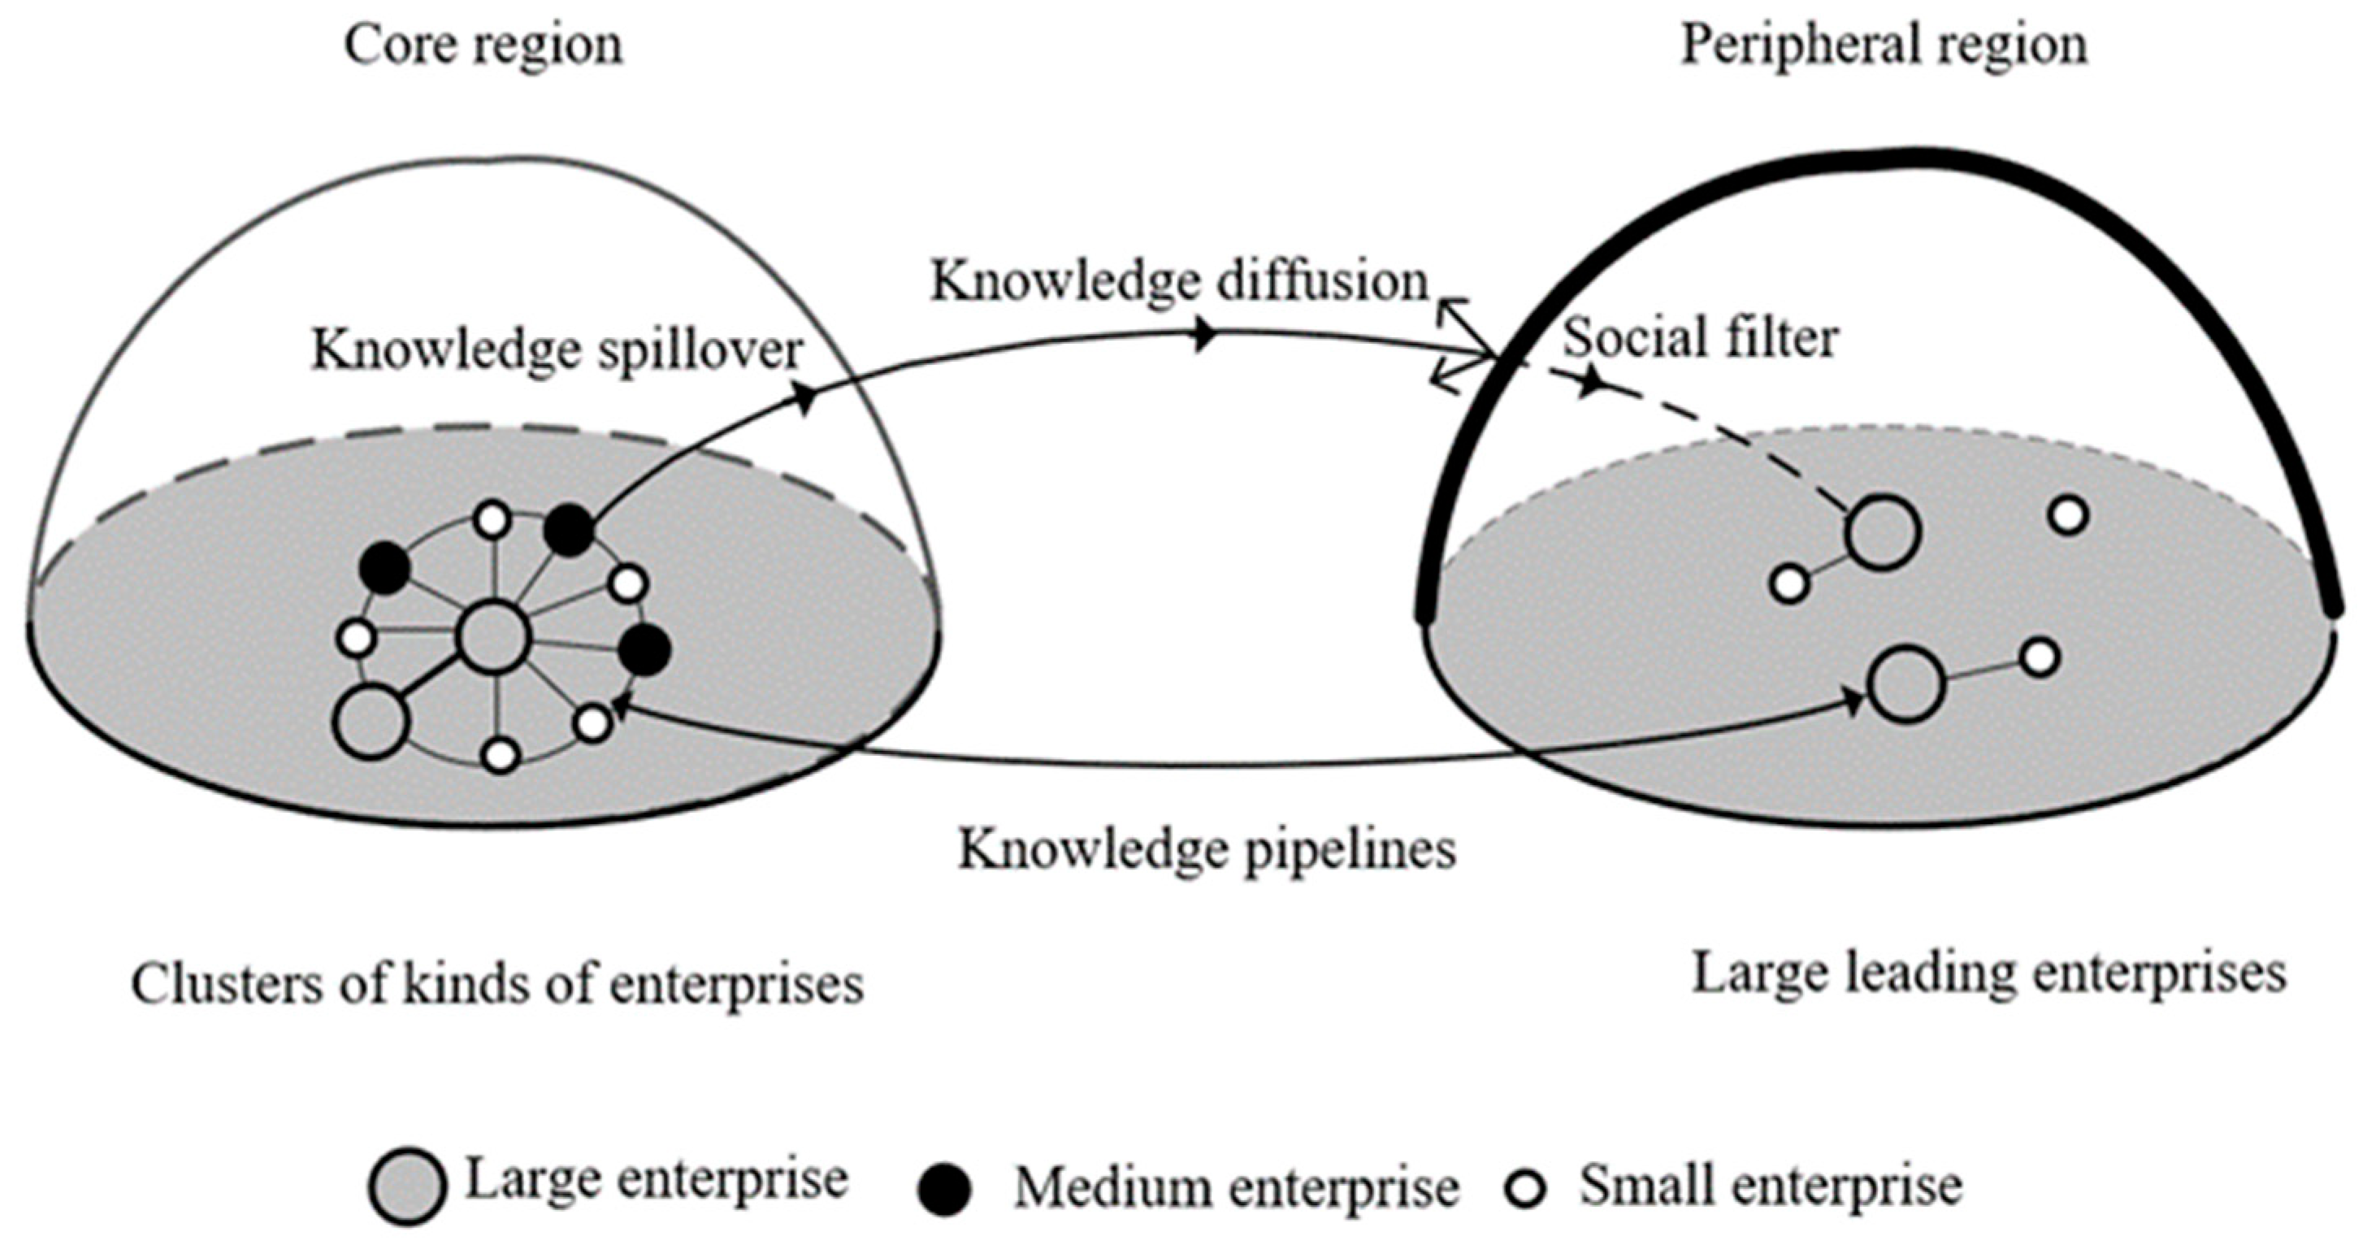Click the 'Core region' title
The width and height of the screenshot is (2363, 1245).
pos(483,45)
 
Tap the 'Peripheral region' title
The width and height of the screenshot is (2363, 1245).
pos(1884,45)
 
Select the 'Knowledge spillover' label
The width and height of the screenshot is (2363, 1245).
pos(557,350)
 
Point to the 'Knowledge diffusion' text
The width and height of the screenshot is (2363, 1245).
pos(1180,280)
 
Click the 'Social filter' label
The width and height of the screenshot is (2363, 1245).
pos(1701,337)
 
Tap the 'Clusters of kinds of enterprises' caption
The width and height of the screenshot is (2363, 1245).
pos(497,984)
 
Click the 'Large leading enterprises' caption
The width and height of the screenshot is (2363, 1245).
pos(1988,974)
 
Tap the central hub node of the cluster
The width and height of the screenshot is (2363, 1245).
pos(494,639)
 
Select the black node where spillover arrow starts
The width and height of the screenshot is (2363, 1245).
pos(570,531)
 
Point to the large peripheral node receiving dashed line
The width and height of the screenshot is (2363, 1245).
pos(1882,532)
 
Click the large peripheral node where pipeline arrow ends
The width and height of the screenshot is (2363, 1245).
pos(1907,684)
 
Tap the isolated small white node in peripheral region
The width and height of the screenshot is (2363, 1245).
pos(2069,515)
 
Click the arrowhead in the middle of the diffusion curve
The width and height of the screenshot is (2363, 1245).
pos(1204,336)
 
